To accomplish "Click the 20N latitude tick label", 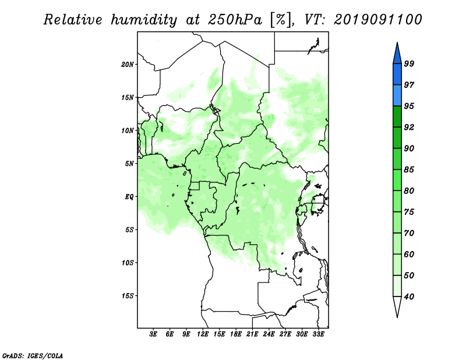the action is pyautogui.click(x=128, y=65).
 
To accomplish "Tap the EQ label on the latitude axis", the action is pyautogui.click(x=129, y=197).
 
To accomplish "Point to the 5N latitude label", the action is pyautogui.click(x=129, y=164).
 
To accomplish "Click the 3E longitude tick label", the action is pyautogui.click(x=153, y=334).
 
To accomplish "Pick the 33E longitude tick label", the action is pyautogui.click(x=318, y=334).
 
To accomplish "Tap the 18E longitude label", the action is pyautogui.click(x=236, y=334).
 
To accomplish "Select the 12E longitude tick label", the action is pyautogui.click(x=203, y=334).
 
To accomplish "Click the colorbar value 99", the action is pyautogui.click(x=409, y=63).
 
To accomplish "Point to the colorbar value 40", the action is pyautogui.click(x=409, y=297).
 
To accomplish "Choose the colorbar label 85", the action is pyautogui.click(x=409, y=170).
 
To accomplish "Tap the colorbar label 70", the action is pyautogui.click(x=409, y=233).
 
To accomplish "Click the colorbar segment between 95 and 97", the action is pyautogui.click(x=397, y=96).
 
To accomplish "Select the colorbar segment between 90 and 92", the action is pyautogui.click(x=397, y=137).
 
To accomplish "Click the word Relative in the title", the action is pyautogui.click(x=73, y=20).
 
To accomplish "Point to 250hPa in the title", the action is pyautogui.click(x=235, y=20).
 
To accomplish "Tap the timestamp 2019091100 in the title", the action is pyautogui.click(x=377, y=20).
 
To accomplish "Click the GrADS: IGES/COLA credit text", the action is pyautogui.click(x=33, y=355).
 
